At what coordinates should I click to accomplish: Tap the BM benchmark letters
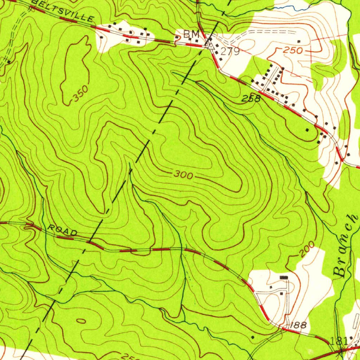(191, 34)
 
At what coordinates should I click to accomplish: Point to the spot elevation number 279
(230, 52)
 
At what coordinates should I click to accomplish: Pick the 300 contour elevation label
(183, 175)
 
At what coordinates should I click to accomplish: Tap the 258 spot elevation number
(251, 99)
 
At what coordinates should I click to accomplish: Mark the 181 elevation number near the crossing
(339, 340)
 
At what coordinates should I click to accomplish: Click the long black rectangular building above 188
(284, 278)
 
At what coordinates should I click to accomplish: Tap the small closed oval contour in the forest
(81, 321)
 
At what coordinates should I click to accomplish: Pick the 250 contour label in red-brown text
(293, 51)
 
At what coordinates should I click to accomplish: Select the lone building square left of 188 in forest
(252, 337)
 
